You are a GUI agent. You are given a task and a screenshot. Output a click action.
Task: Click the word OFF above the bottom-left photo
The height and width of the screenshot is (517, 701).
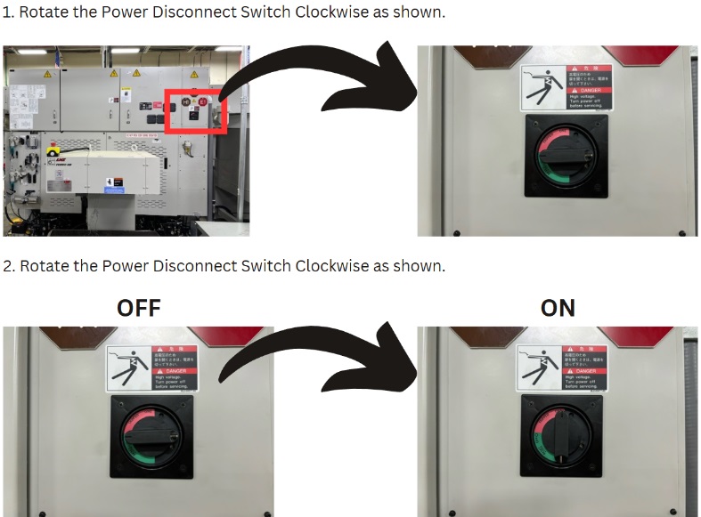pyautogui.click(x=139, y=308)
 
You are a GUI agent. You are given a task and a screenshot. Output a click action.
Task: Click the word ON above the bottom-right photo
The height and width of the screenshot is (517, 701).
pyautogui.click(x=558, y=308)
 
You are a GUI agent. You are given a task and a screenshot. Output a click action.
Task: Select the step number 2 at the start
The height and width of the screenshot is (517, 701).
pyautogui.click(x=8, y=266)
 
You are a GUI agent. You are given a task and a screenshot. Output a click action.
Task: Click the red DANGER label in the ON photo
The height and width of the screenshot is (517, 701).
pyautogui.click(x=585, y=368)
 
